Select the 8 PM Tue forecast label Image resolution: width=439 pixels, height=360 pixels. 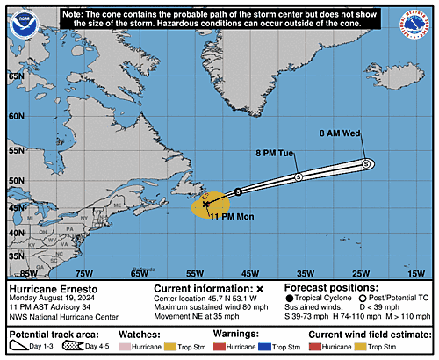[275, 153]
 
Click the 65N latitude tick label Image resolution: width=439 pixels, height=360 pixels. [16, 76]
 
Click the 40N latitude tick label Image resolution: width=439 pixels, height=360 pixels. [16, 232]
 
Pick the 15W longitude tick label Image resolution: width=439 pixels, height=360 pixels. [415, 273]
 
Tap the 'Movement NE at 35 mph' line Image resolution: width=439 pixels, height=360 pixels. [195, 316]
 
